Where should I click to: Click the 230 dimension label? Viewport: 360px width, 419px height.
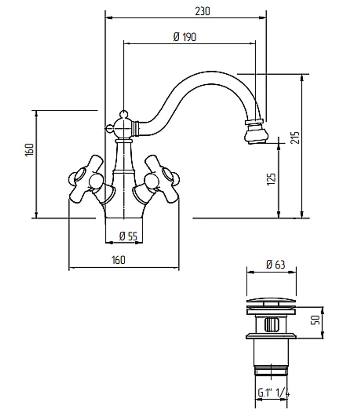(x=202, y=11)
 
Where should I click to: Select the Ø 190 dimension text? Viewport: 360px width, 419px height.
(x=185, y=37)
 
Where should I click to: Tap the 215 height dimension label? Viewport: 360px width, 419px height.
(x=295, y=138)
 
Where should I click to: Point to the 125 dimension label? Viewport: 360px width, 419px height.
(x=271, y=179)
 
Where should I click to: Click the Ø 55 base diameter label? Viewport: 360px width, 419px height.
(x=128, y=236)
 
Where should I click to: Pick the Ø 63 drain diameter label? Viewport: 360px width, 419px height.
(x=276, y=264)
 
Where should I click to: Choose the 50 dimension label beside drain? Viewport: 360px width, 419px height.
(x=315, y=320)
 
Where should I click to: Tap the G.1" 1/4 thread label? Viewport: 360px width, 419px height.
(x=274, y=393)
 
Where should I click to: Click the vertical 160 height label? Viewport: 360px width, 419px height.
(x=30, y=150)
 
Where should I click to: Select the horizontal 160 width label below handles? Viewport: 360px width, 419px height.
(x=118, y=260)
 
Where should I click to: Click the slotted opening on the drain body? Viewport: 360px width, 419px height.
(x=271, y=324)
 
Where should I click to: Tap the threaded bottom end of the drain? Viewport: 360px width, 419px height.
(x=271, y=371)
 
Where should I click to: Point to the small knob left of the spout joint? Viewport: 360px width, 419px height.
(x=109, y=129)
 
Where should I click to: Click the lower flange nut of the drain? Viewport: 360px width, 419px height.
(x=271, y=336)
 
